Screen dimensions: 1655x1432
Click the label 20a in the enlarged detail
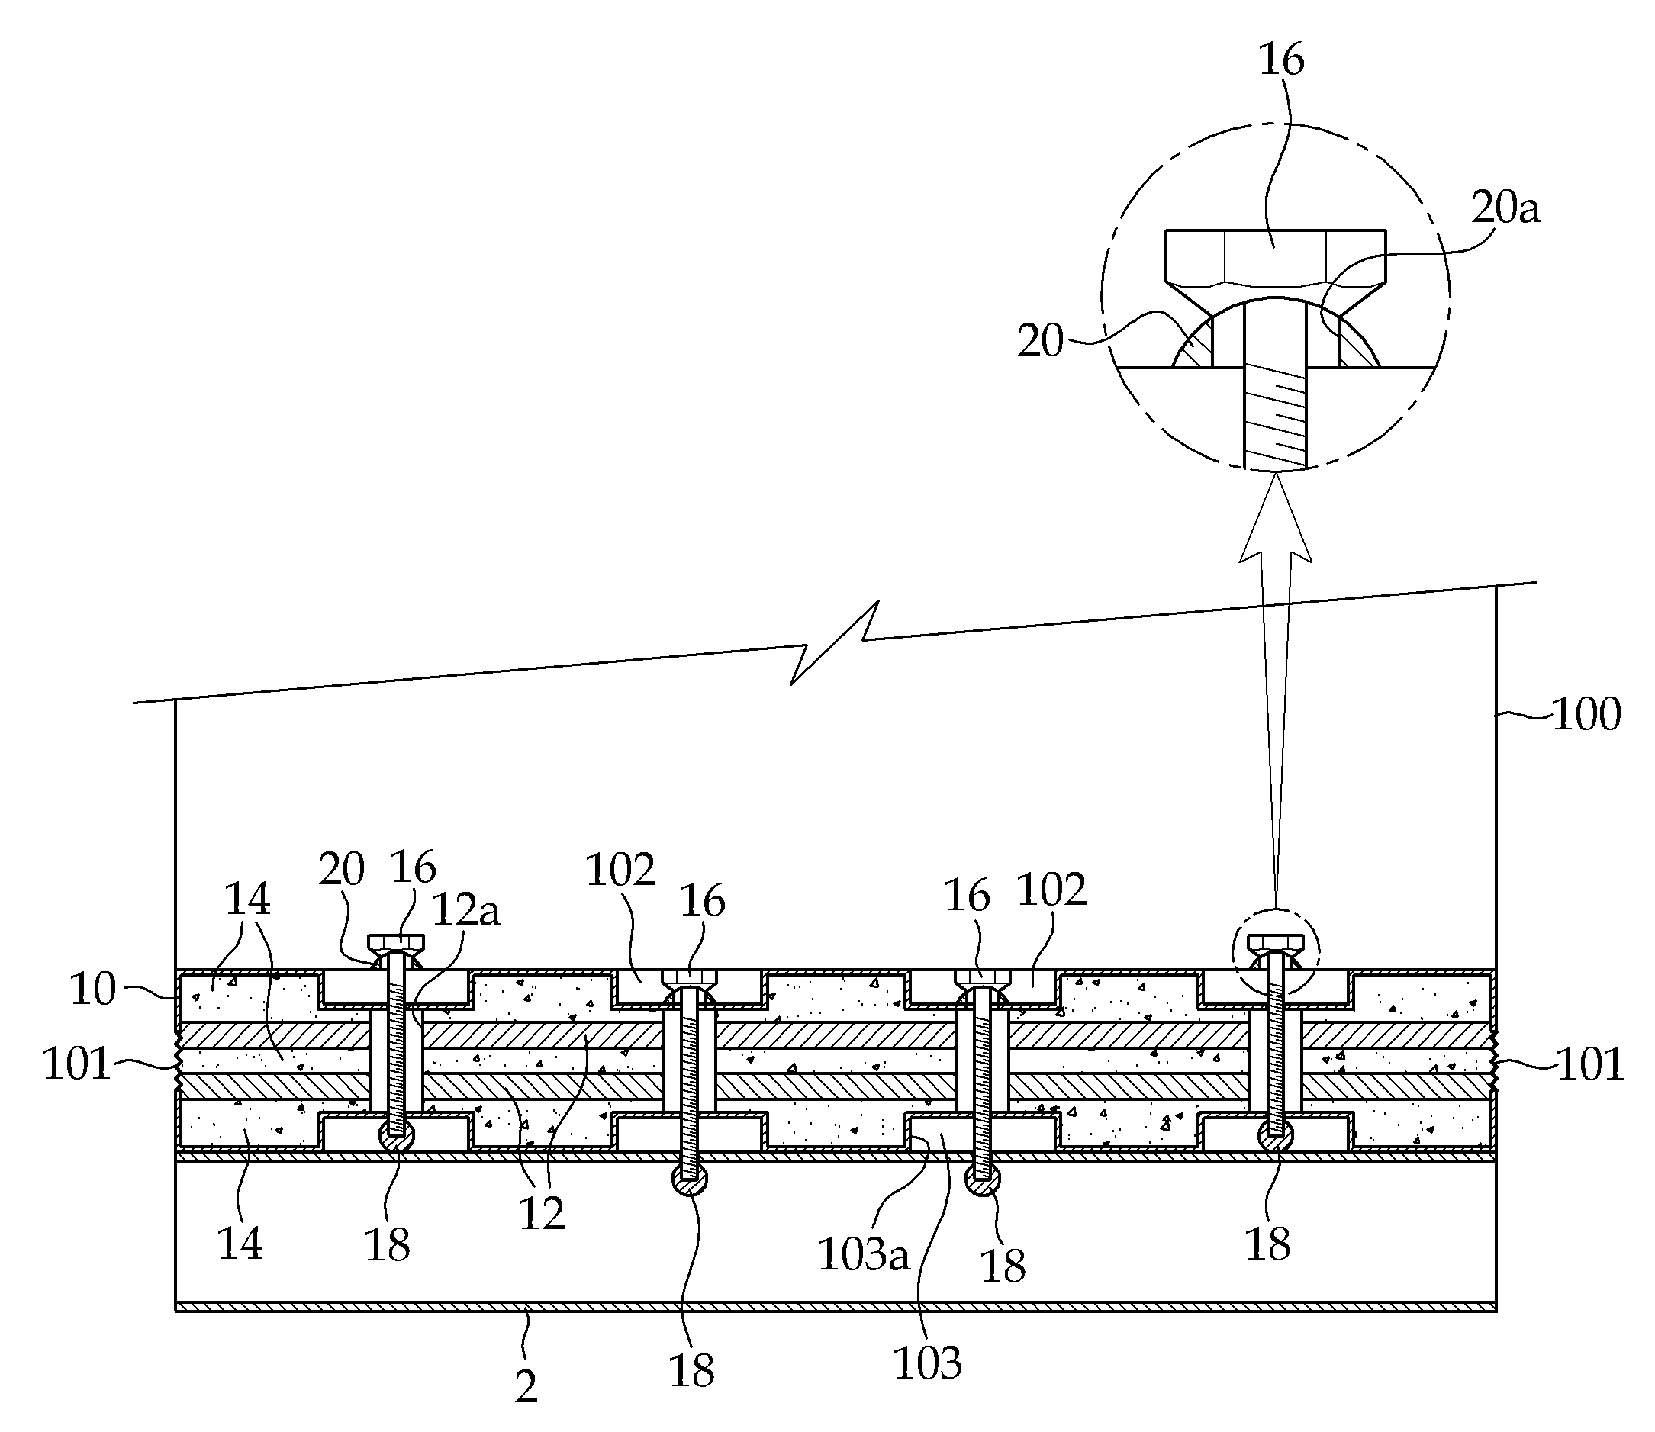pyautogui.click(x=1505, y=208)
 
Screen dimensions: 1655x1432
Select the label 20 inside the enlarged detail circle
pyautogui.click(x=1041, y=341)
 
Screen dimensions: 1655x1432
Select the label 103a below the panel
pyautogui.click(x=863, y=1256)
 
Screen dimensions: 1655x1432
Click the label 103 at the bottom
pyautogui.click(x=926, y=1363)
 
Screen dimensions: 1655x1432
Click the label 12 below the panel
pyautogui.click(x=542, y=1214)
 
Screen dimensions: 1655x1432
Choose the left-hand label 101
pyautogui.click(x=76, y=1064)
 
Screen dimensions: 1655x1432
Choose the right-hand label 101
pyautogui.click(x=1590, y=1064)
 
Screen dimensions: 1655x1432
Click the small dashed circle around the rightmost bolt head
pyautogui.click(x=1277, y=951)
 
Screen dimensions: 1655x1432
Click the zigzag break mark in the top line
pyautogui.click(x=833, y=642)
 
